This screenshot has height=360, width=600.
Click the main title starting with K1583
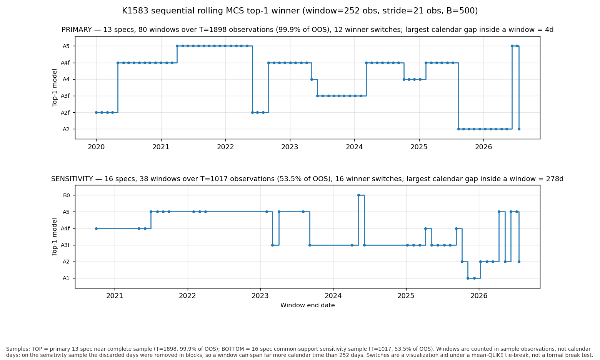300,11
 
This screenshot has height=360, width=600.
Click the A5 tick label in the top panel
66,46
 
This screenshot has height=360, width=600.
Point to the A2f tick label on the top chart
65,113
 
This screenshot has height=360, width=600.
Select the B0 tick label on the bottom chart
66,195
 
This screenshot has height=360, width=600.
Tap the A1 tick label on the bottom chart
66,278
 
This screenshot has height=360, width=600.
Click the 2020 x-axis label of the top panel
97,147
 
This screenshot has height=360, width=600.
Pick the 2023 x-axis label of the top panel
290,147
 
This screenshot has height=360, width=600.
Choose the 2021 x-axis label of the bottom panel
115,296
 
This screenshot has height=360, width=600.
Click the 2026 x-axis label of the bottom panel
479,296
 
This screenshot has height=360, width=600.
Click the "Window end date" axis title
308,305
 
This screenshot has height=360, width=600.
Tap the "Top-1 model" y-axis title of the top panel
55,88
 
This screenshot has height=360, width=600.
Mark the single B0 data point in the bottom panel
359,195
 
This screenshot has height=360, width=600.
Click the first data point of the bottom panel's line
97,229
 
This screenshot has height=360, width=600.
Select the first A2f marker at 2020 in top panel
97,112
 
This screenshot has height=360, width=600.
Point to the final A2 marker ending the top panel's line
519,129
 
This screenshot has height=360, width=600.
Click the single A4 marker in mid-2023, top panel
312,80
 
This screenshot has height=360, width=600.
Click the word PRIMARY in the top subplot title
77,30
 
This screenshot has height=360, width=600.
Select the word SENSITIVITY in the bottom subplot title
72,179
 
